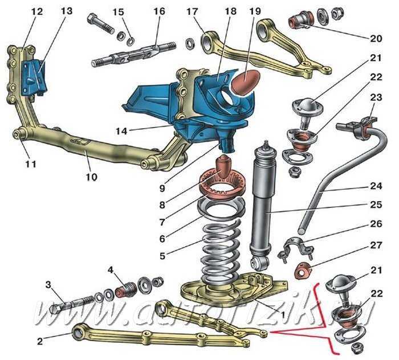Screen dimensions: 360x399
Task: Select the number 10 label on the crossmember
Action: pos(91,177)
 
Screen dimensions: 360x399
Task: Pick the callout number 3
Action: pos(49,285)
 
